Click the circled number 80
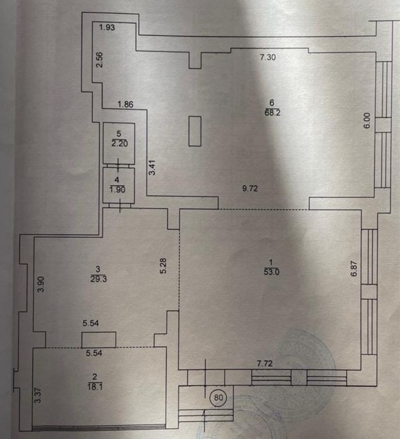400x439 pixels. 218,398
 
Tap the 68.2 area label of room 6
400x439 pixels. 273,113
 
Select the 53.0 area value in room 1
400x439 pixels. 271,272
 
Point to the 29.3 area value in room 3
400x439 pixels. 99,279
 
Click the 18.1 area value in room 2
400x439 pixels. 95,387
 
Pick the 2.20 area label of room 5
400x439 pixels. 119,144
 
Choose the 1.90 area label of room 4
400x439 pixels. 117,190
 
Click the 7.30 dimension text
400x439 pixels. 268,57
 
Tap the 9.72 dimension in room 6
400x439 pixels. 250,188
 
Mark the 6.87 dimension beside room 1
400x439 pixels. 354,269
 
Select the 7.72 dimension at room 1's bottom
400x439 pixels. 264,364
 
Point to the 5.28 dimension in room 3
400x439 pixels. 163,266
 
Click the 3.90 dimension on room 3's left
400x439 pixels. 41,284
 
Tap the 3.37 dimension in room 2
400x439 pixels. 38,395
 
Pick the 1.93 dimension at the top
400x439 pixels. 107,28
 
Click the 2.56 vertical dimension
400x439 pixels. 100,60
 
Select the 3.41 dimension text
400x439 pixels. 152,168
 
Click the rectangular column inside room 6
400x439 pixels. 195,131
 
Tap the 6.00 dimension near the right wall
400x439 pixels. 367,121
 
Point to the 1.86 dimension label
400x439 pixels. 126,104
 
